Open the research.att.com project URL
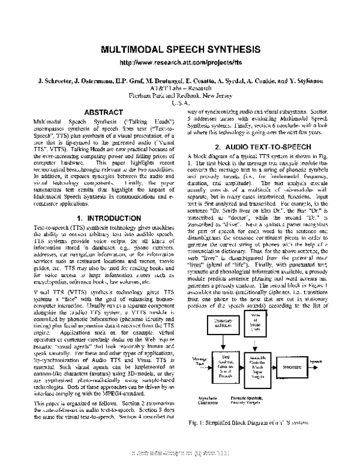(x=180, y=62)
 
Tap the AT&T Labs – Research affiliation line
(x=180, y=88)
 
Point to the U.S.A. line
(x=180, y=103)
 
